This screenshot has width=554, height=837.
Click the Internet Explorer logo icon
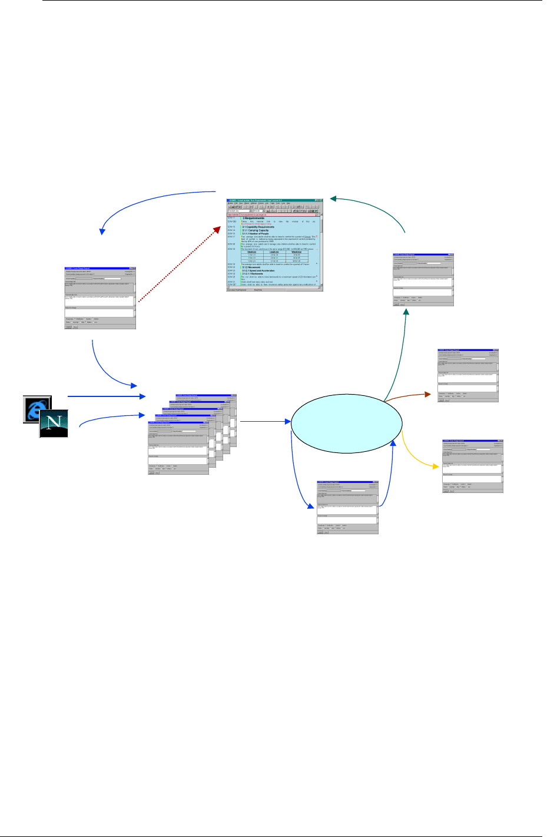pyautogui.click(x=37, y=409)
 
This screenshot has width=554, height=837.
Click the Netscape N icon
pyautogui.click(x=54, y=424)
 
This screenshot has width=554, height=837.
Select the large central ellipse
pyautogui.click(x=347, y=423)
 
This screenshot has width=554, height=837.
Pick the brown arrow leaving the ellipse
pyautogui.click(x=407, y=396)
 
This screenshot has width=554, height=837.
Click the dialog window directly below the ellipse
pyautogui.click(x=347, y=508)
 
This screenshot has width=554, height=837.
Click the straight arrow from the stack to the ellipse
pyautogui.click(x=265, y=421)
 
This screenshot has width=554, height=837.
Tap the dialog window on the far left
pyautogui.click(x=100, y=298)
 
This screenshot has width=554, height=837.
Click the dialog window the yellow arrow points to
pyautogui.click(x=473, y=465)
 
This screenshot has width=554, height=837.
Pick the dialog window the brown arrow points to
pyautogui.click(x=468, y=375)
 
